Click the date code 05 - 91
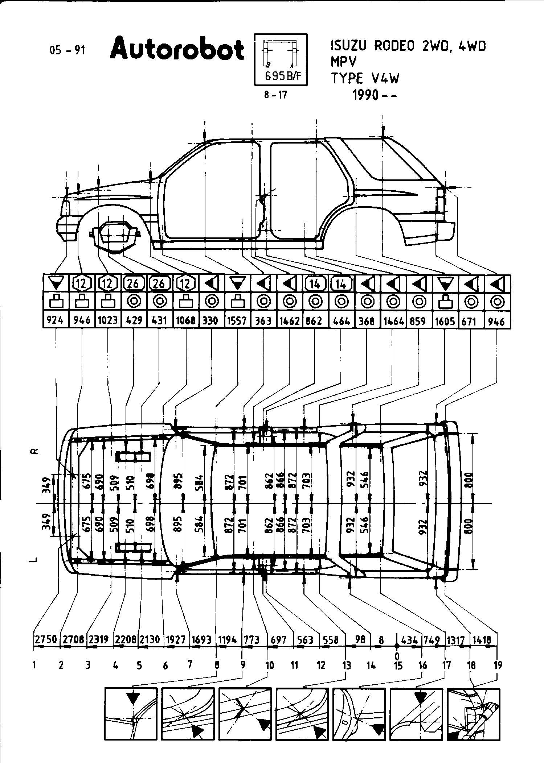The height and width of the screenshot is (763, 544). click(68, 50)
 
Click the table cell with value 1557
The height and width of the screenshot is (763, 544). click(237, 321)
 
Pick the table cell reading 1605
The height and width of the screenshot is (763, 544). click(445, 321)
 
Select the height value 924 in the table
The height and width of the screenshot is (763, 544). click(56, 321)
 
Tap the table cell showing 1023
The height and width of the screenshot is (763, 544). click(108, 321)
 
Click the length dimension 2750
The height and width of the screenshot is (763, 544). click(45, 639)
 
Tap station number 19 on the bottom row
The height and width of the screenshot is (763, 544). click(498, 665)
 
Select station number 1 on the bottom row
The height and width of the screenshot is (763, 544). click(35, 665)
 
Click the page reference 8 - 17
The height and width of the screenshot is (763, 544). click(275, 95)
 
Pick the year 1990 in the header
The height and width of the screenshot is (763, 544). click(366, 96)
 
